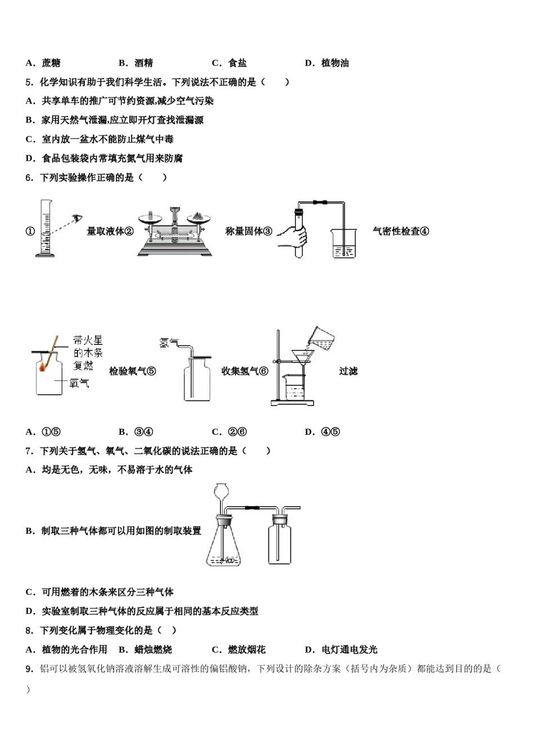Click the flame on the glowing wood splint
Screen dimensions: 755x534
pos(43,367)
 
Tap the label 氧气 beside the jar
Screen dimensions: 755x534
pos(79,383)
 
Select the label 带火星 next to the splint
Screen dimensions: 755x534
pos(88,340)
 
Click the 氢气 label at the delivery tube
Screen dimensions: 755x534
pos(168,342)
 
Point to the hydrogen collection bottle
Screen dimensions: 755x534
pos(197,382)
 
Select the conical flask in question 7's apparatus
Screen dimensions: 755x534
pos(225,542)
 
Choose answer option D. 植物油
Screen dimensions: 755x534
pos(327,63)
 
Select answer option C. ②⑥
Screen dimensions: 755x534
pos(229,432)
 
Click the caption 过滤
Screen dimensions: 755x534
pos(348,371)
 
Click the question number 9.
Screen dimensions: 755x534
pos(29,668)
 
